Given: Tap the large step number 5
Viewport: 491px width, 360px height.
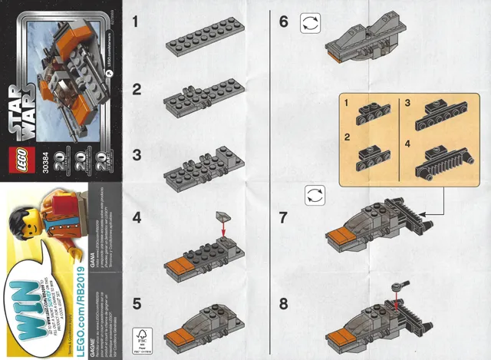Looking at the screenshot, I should point(136,303).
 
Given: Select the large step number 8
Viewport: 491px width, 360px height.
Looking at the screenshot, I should point(284,303).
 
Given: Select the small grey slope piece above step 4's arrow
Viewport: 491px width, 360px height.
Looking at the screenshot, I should point(222,215).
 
